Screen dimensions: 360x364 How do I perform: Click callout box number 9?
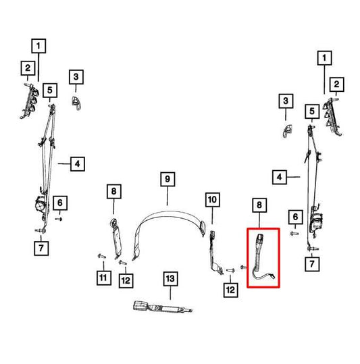(168, 179)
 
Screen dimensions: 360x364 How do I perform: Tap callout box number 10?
(212, 200)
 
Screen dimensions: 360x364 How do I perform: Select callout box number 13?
(171, 278)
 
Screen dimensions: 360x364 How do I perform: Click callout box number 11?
(103, 278)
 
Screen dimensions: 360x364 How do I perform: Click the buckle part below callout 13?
(163, 307)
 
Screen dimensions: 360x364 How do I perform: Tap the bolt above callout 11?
(102, 257)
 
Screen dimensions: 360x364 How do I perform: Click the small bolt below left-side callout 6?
(59, 219)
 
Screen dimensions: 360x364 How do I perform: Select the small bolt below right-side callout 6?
(294, 234)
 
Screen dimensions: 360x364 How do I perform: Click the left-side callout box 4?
(78, 164)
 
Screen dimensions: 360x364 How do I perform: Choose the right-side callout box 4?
(280, 177)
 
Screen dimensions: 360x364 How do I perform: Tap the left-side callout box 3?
(76, 77)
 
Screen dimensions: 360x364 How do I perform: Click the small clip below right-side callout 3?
(287, 131)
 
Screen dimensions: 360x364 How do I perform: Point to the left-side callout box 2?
(28, 68)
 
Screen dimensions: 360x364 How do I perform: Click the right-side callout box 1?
(324, 58)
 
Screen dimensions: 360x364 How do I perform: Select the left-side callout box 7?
(41, 248)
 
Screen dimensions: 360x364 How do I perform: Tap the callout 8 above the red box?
(259, 205)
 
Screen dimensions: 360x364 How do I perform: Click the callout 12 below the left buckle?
(126, 281)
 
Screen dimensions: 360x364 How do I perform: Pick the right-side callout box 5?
(312, 111)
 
